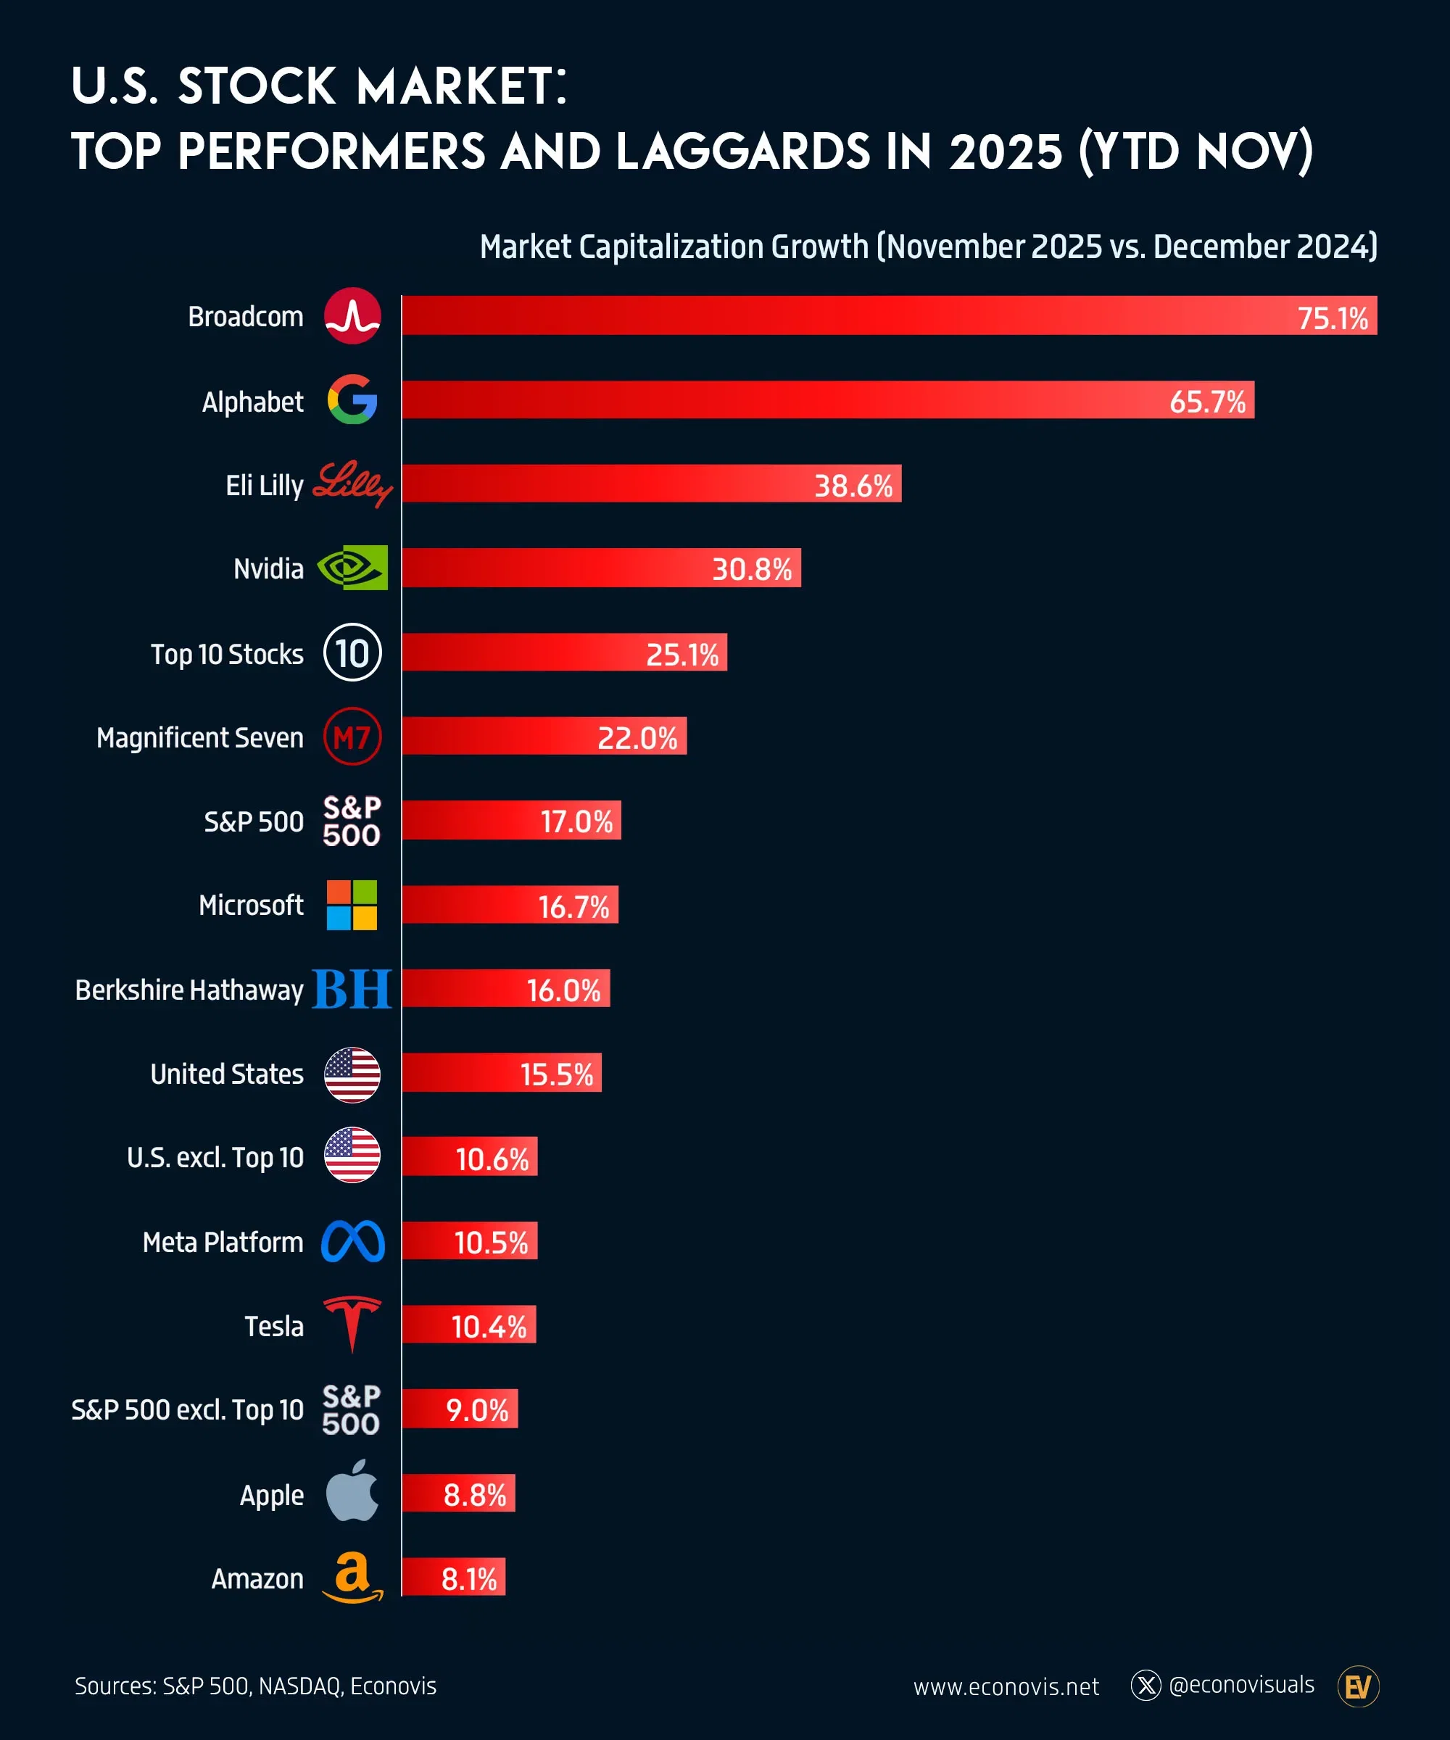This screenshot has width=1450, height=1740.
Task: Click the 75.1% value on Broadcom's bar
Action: coord(1332,318)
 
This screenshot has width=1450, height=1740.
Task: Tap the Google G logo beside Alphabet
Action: coord(352,399)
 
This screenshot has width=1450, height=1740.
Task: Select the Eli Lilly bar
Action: coord(651,483)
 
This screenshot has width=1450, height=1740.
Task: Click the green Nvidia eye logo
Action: coord(353,568)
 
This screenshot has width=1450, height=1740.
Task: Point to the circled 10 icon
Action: coord(352,653)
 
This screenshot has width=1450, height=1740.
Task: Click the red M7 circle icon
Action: coord(352,737)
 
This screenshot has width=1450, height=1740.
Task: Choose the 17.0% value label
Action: coord(576,822)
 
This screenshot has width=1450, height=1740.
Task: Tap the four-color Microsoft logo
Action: coord(352,905)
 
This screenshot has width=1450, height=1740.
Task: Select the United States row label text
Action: coord(226,1074)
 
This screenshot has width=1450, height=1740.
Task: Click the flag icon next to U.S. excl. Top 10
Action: coord(352,1155)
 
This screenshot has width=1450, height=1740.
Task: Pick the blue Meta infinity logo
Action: coord(353,1241)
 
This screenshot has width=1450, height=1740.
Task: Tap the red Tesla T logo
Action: coord(352,1324)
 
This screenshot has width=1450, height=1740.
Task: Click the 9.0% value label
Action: coord(476,1410)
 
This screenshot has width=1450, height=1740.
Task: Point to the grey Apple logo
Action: coord(352,1492)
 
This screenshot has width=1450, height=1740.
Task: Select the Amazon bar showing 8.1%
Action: coord(453,1578)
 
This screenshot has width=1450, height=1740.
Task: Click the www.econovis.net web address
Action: coord(1006,1687)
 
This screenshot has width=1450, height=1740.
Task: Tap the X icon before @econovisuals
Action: coord(1146,1686)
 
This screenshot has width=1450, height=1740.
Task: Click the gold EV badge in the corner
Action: coord(1357,1686)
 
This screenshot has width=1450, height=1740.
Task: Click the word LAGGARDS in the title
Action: coord(742,152)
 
